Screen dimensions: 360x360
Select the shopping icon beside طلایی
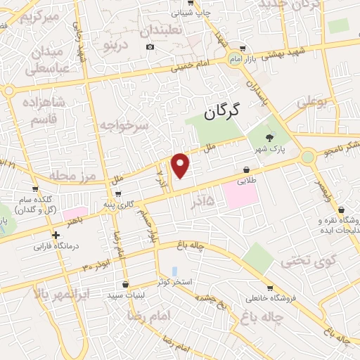tap(247, 169)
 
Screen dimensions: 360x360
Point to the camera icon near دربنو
tap(149, 47)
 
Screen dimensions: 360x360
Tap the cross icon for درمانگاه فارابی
tap(56, 235)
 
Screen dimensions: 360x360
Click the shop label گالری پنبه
tap(117, 204)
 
